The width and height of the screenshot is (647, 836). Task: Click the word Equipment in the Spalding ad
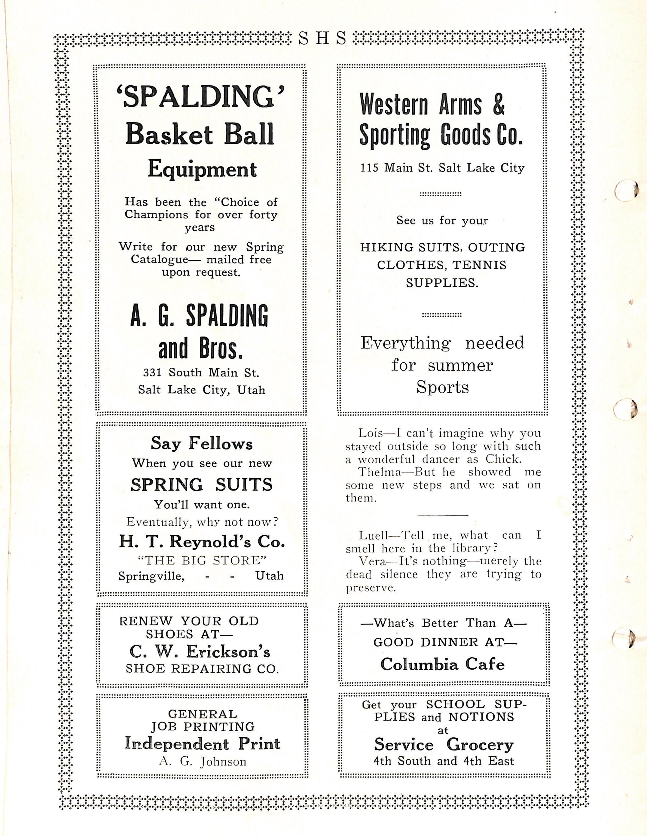coord(202,170)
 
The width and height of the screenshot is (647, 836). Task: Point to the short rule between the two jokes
coord(443,515)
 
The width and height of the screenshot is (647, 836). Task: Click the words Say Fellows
coord(202,444)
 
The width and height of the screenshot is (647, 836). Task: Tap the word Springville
coord(151,576)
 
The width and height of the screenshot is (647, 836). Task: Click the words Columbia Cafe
coord(443,664)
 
